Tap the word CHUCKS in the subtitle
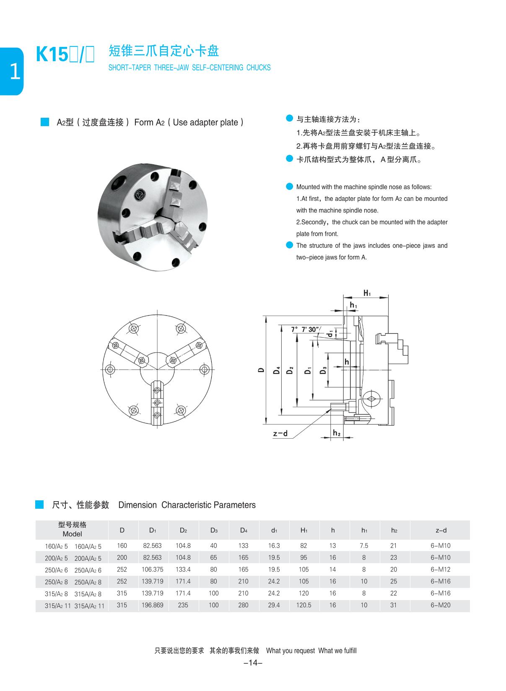click(x=258, y=67)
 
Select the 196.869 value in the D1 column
click(x=152, y=605)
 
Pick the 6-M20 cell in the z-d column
click(x=440, y=605)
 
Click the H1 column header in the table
click(x=304, y=530)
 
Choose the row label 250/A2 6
click(x=56, y=570)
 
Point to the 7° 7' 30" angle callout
click(x=305, y=329)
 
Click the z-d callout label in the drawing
click(x=280, y=433)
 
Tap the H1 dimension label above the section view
click(x=367, y=293)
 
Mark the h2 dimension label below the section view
click(x=336, y=433)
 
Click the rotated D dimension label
click(x=261, y=370)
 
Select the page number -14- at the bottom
click(x=253, y=663)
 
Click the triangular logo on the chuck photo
click(x=140, y=195)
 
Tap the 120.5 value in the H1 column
click(x=304, y=605)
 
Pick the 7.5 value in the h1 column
click(x=364, y=546)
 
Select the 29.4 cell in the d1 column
click(x=274, y=605)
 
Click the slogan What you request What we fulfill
click(x=311, y=651)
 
